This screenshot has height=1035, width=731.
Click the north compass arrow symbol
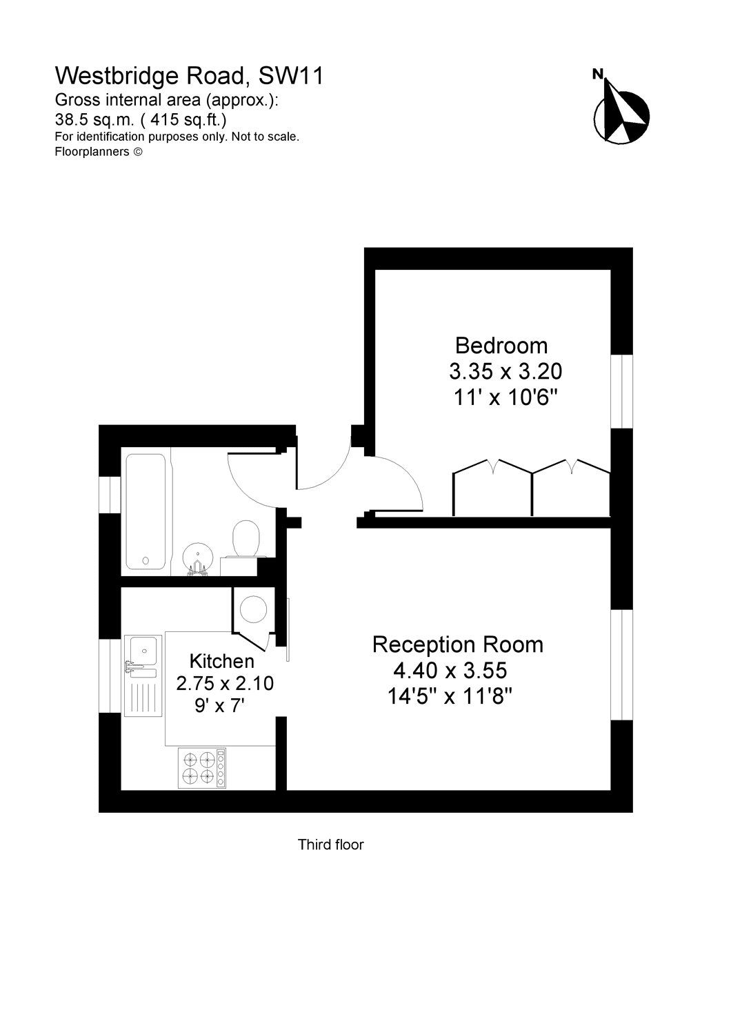click(621, 110)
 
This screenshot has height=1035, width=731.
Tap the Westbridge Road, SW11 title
click(189, 75)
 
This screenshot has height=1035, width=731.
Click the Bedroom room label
click(501, 345)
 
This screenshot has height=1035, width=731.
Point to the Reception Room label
click(458, 644)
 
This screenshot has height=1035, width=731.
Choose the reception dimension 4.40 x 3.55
click(450, 670)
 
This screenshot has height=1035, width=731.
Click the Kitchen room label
click(222, 661)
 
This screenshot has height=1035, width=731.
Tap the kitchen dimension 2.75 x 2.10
click(225, 684)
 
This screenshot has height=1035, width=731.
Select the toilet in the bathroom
click(246, 539)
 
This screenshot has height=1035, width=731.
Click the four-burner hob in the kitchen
click(198, 768)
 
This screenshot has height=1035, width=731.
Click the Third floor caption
click(330, 844)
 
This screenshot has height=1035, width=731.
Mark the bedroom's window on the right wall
click(623, 391)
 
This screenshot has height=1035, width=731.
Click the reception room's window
click(623, 664)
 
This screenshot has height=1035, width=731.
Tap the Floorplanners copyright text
click(99, 152)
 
